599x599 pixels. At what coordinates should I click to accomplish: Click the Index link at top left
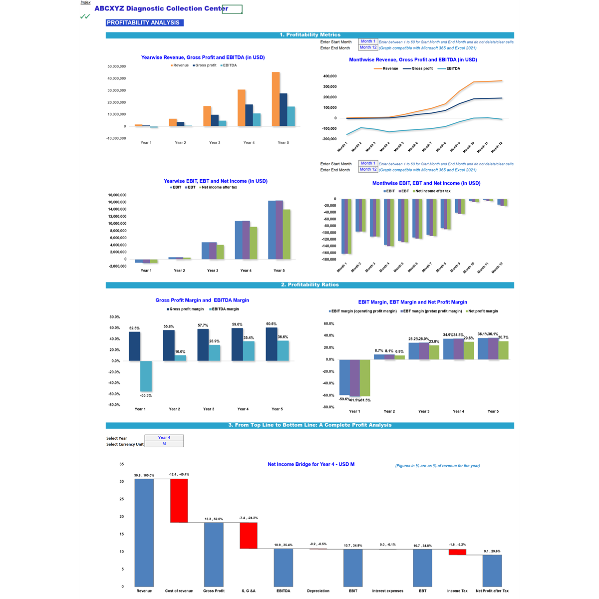tap(85, 2)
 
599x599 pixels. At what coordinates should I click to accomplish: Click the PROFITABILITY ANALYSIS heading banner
tap(144, 22)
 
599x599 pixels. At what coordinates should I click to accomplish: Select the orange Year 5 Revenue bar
tap(276, 99)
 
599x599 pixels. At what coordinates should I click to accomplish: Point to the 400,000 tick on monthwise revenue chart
tap(330, 76)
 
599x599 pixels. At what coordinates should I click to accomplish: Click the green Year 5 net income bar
tap(287, 234)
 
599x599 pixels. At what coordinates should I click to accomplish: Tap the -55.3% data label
tap(146, 395)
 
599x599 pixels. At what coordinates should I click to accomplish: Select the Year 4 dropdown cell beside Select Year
tap(164, 438)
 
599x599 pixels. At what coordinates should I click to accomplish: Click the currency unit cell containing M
tap(164, 444)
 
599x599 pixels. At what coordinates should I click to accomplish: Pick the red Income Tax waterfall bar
tap(457, 552)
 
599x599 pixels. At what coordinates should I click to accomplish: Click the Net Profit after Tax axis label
tap(492, 591)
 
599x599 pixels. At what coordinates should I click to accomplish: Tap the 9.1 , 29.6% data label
tap(492, 551)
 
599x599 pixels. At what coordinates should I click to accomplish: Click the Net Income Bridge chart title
tap(311, 464)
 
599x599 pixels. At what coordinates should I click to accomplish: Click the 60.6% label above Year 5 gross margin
tap(272, 324)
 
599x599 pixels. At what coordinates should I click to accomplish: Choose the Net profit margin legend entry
tap(482, 311)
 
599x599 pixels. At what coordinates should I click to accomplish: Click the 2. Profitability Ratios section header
tap(309, 285)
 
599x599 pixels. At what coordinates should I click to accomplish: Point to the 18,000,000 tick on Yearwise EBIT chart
tap(117, 195)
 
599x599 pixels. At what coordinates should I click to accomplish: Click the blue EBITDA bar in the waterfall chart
tap(283, 568)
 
